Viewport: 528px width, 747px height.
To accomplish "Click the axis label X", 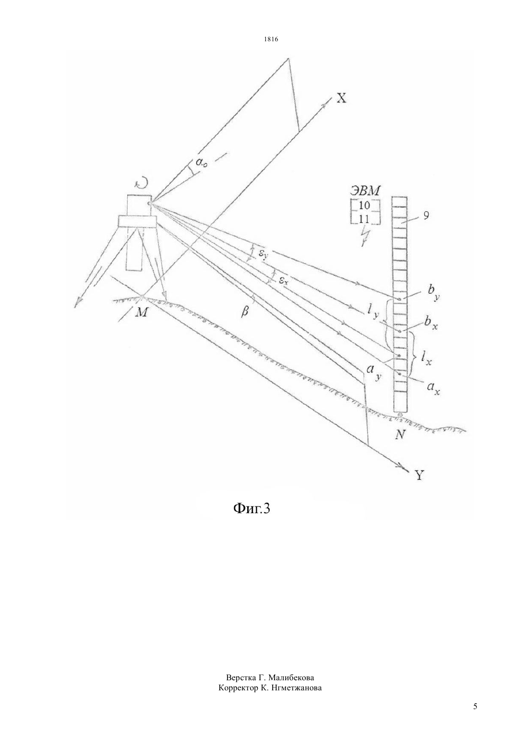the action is pyautogui.click(x=341, y=98).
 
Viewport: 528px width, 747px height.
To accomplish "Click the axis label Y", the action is pyautogui.click(x=419, y=474).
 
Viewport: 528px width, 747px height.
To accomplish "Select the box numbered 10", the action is pyautogui.click(x=365, y=206).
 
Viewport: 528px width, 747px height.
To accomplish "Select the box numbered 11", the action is pyautogui.click(x=365, y=218).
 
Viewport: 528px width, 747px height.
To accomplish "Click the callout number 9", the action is pyautogui.click(x=426, y=216).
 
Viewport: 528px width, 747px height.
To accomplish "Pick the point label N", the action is pyautogui.click(x=399, y=434).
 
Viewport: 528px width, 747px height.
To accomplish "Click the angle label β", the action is pyautogui.click(x=245, y=313).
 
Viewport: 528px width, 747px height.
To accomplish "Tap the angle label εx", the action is pyautogui.click(x=283, y=281).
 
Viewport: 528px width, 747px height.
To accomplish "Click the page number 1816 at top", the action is pyautogui.click(x=271, y=39).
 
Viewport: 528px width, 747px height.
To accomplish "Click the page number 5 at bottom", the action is pyautogui.click(x=475, y=706).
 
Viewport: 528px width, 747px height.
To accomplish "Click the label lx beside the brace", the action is pyautogui.click(x=425, y=359).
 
